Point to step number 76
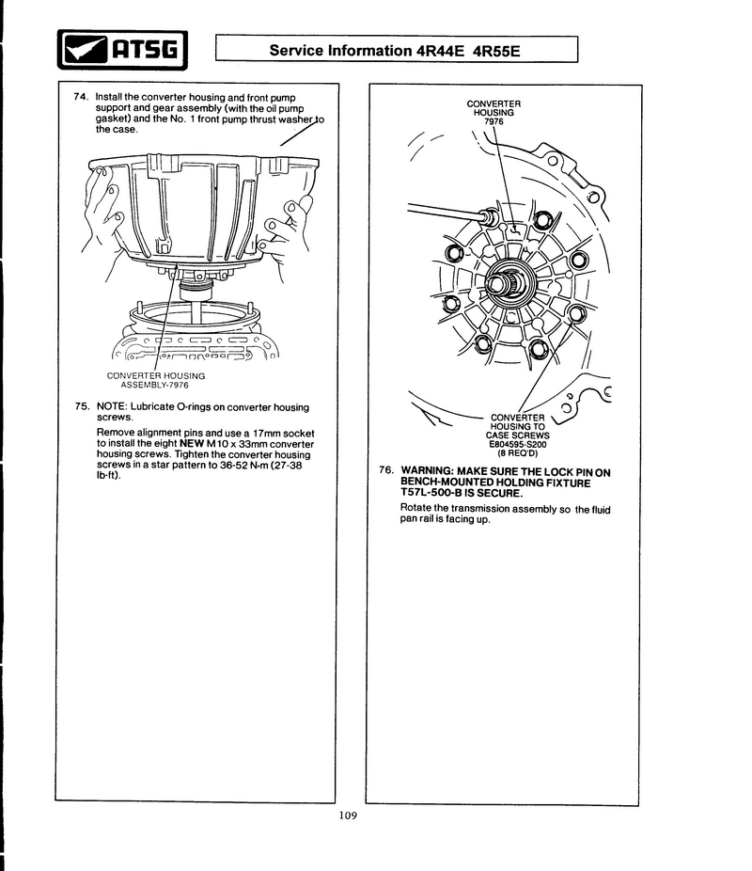pos(385,469)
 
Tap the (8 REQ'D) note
pos(517,452)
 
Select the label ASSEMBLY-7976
pos(155,385)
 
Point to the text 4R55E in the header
pos(493,50)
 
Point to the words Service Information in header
pos(340,50)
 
